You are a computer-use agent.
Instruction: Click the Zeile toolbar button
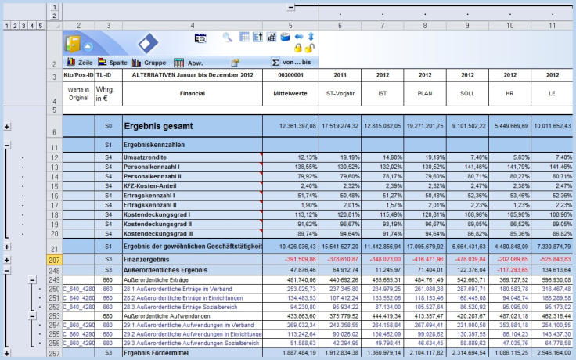pyautogui.click(x=80, y=62)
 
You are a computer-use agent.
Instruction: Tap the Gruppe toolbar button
pyautogui.click(x=149, y=62)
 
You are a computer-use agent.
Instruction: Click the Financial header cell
pyautogui.click(x=192, y=91)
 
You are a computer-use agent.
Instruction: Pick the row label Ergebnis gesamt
pyautogui.click(x=164, y=126)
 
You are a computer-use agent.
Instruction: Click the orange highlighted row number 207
pyautogui.click(x=53, y=258)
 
